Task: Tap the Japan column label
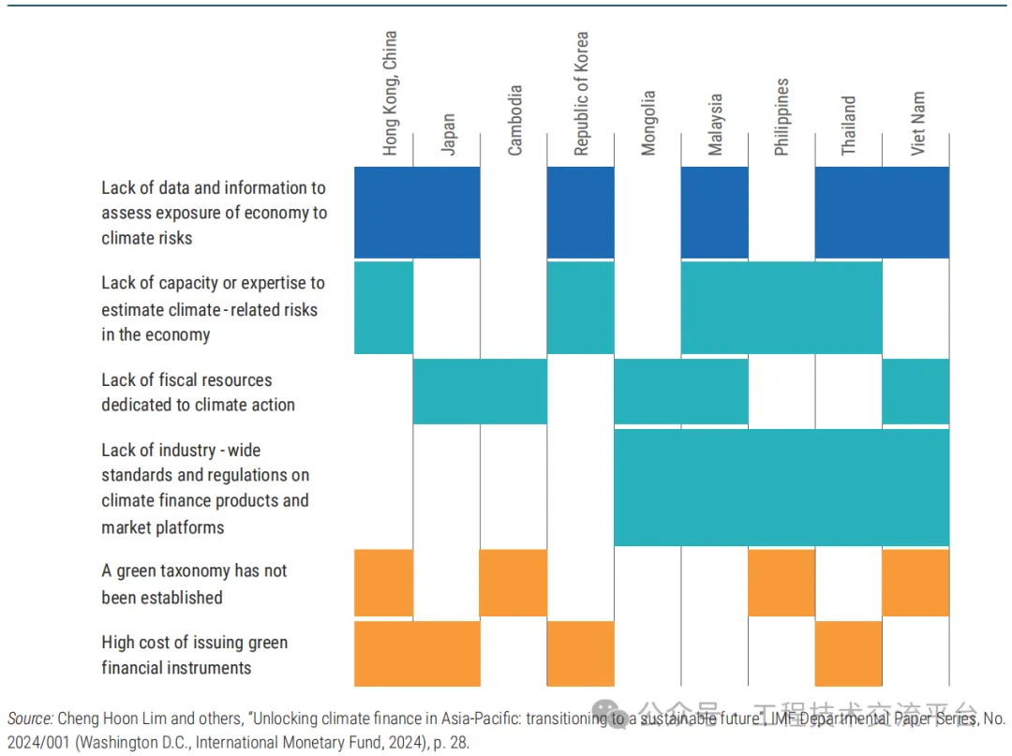pyautogui.click(x=448, y=134)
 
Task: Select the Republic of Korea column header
pyautogui.click(x=581, y=94)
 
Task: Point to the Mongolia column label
pyautogui.click(x=647, y=123)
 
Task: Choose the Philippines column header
pyautogui.click(x=781, y=116)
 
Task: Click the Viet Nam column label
pyautogui.click(x=916, y=123)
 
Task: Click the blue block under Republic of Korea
pyautogui.click(x=580, y=212)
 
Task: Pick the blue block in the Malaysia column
pyautogui.click(x=714, y=212)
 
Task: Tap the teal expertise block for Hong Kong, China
pyautogui.click(x=383, y=307)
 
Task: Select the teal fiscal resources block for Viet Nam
pyautogui.click(x=915, y=391)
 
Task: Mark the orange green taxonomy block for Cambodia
pyautogui.click(x=513, y=583)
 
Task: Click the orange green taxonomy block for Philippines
pyautogui.click(x=781, y=583)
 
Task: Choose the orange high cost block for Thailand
pyautogui.click(x=848, y=653)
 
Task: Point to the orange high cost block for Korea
pyautogui.click(x=580, y=653)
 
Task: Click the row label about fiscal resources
pyautogui.click(x=198, y=393)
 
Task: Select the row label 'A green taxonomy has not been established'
pyautogui.click(x=194, y=584)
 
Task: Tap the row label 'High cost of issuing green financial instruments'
pyautogui.click(x=194, y=655)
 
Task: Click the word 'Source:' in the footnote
pyautogui.click(x=30, y=719)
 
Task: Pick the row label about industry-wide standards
pyautogui.click(x=205, y=488)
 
